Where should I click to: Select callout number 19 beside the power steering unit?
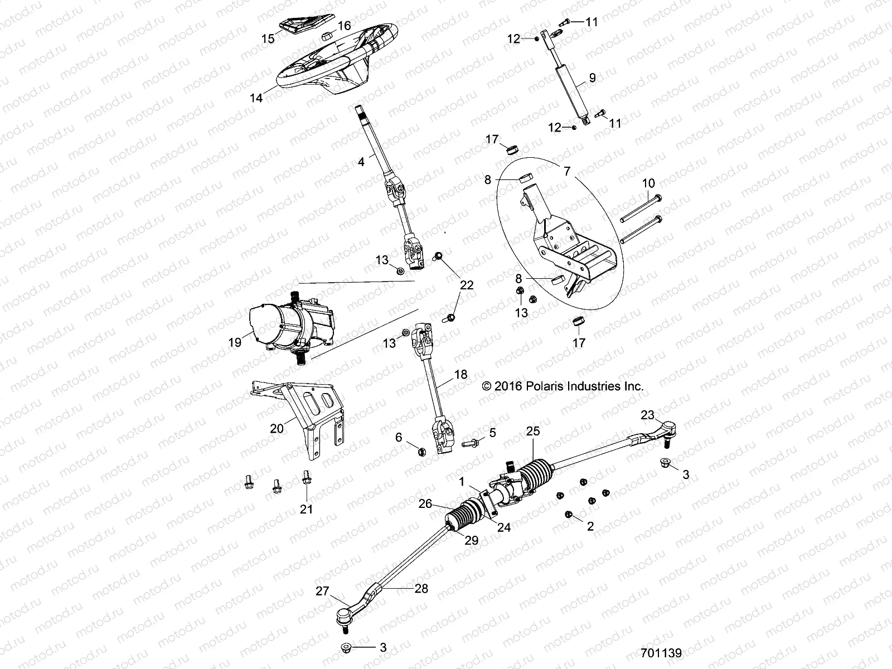pyautogui.click(x=235, y=342)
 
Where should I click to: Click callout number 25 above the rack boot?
pyautogui.click(x=533, y=430)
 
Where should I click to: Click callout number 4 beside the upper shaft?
pyautogui.click(x=361, y=162)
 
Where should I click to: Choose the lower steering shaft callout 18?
pyautogui.click(x=460, y=375)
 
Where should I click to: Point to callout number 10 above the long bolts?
pyautogui.click(x=648, y=183)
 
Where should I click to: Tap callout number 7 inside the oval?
pyautogui.click(x=567, y=171)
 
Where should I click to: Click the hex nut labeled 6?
pyautogui.click(x=422, y=451)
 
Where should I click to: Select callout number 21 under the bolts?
pyautogui.click(x=307, y=508)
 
